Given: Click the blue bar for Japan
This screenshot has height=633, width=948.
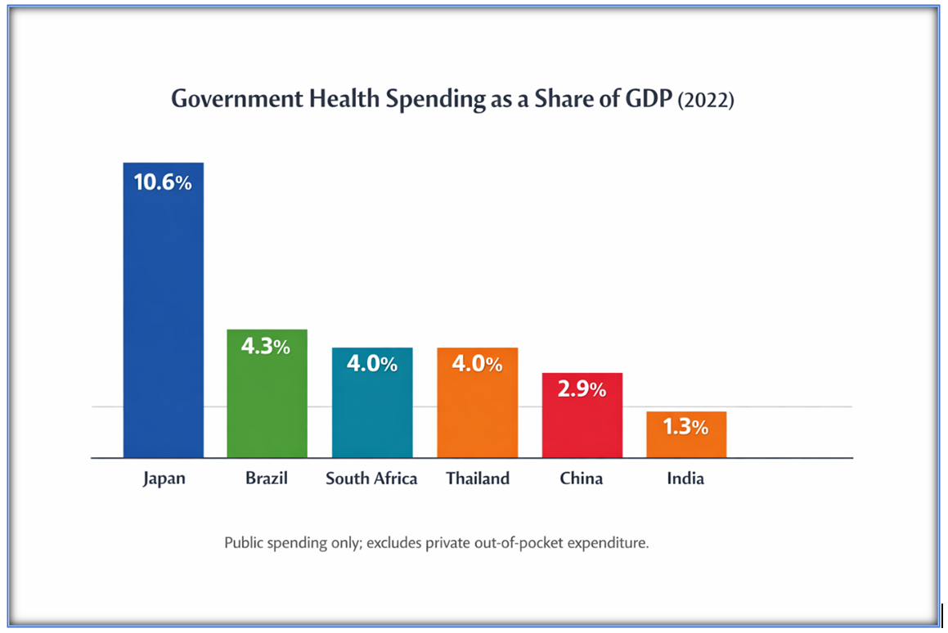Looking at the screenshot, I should [x=163, y=319].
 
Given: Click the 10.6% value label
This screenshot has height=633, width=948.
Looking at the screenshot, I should [x=163, y=182].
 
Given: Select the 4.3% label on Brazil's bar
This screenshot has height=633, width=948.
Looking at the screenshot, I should [x=266, y=347].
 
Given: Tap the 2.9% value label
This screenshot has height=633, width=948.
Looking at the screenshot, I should [x=582, y=389].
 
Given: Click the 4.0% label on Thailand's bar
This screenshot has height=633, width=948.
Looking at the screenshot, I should [x=477, y=365].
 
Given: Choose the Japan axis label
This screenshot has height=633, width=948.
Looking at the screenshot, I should [x=164, y=478].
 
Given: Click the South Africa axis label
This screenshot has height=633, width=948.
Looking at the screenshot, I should [x=371, y=478].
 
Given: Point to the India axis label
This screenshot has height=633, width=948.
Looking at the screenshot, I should [x=685, y=478].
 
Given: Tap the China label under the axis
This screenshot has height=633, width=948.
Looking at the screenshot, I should [x=582, y=478].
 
